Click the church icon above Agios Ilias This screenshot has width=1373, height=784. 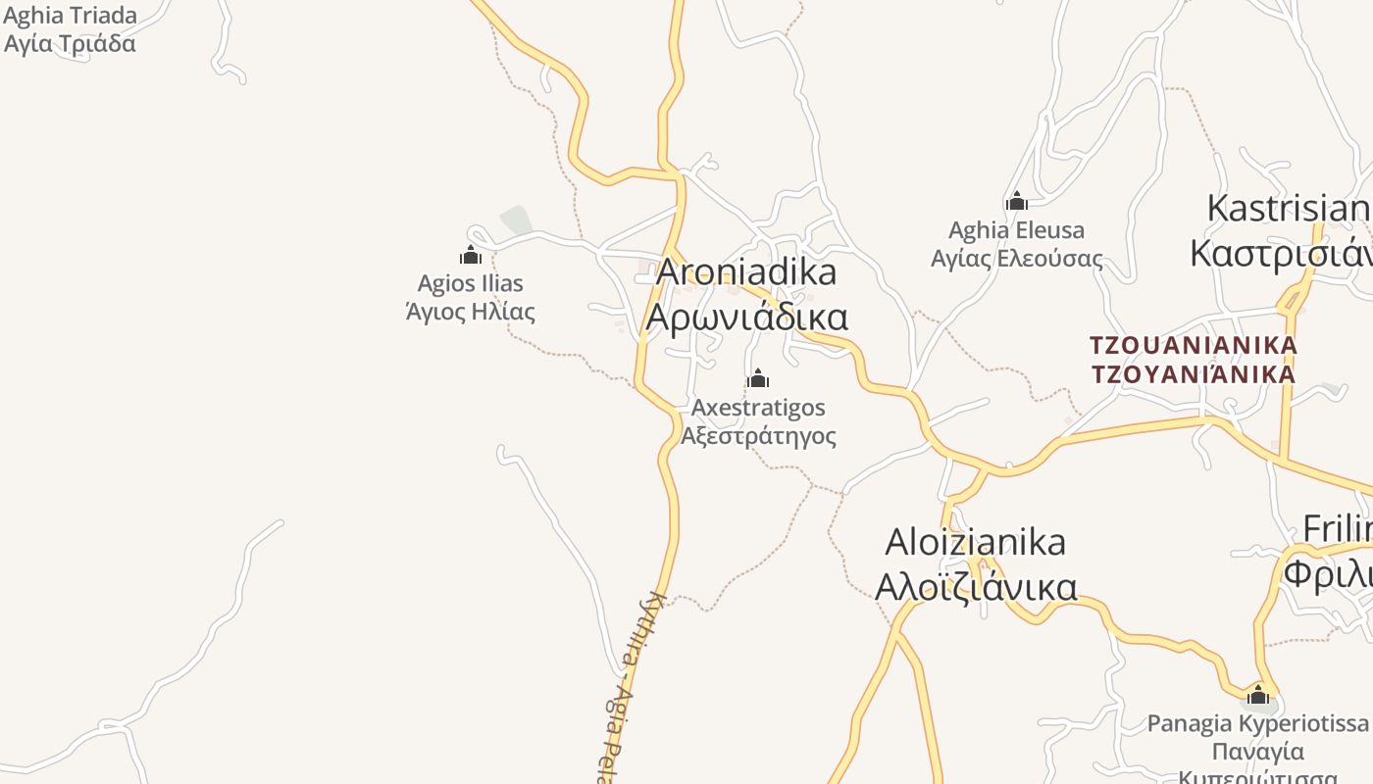(x=471, y=256)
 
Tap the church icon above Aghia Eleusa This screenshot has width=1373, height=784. (x=1017, y=202)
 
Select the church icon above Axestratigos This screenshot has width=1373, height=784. (x=758, y=378)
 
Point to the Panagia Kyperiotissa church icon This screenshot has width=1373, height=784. (x=1258, y=696)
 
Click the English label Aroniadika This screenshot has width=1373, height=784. (x=746, y=271)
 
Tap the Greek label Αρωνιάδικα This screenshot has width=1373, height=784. (x=747, y=317)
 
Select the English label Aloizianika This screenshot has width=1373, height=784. (x=976, y=541)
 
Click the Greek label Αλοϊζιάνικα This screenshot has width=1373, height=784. (x=976, y=586)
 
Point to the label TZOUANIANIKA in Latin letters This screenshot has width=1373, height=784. (x=1194, y=345)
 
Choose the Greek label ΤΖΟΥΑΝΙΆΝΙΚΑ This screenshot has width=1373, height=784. (x=1194, y=373)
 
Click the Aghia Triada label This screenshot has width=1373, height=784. (x=71, y=16)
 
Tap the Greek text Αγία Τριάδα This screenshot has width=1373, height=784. (x=71, y=43)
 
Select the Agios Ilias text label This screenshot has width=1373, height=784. (x=471, y=283)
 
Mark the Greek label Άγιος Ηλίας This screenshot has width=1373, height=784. (x=471, y=312)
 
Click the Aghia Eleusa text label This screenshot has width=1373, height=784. (x=1017, y=230)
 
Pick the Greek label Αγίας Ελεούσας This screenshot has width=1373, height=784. (x=1017, y=259)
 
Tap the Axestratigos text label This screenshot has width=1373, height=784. (x=758, y=407)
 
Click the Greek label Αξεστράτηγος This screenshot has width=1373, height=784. (x=758, y=435)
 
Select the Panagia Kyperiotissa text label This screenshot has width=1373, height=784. (x=1258, y=723)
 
